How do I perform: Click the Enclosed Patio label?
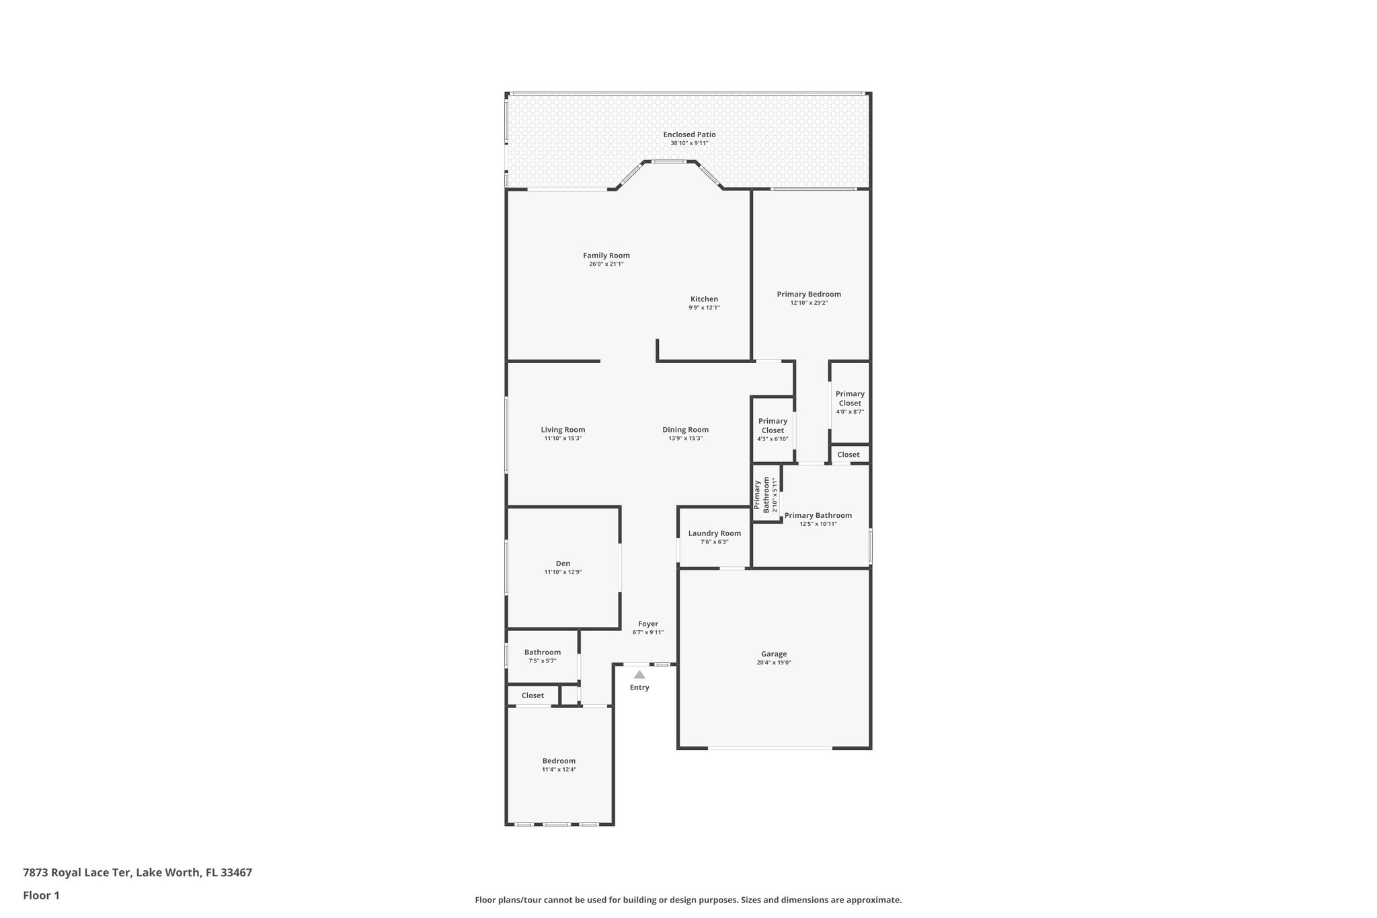point(689,135)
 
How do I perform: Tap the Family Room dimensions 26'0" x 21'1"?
point(606,264)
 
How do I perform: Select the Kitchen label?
point(704,299)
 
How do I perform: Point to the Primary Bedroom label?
point(809,294)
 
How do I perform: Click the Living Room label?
point(563,430)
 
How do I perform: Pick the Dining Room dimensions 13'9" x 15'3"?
point(685,438)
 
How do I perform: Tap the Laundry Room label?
point(714,533)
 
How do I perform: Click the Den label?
point(563,564)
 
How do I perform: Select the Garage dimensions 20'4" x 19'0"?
point(773,662)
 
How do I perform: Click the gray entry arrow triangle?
point(639,675)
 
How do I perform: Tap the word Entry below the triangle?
point(639,687)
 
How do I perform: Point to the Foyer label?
point(648,624)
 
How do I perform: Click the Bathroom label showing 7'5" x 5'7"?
point(542,652)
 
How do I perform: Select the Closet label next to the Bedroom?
point(533,695)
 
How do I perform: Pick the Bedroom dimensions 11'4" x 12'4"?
point(559,769)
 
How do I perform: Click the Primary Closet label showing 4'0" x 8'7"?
point(850,398)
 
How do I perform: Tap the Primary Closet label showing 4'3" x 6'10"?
point(773,426)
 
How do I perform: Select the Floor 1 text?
point(41,896)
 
